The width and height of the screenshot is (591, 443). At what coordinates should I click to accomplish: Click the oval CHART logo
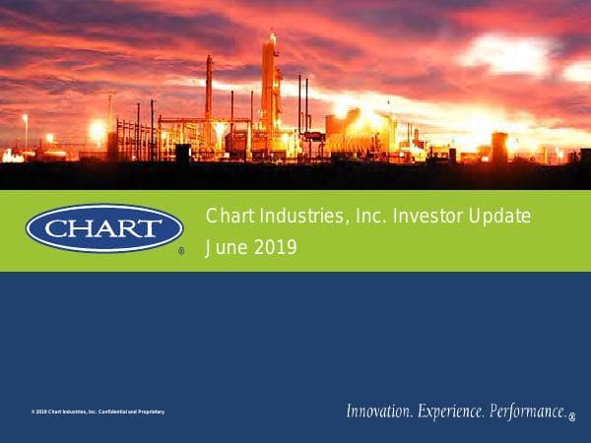(x=103, y=228)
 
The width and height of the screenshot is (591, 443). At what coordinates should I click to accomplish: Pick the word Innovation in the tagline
(x=380, y=411)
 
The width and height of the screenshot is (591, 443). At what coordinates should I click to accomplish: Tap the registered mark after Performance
(x=572, y=416)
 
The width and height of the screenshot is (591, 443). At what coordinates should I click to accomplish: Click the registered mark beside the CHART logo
(x=181, y=252)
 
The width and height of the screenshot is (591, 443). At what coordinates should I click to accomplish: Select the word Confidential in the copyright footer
(x=112, y=411)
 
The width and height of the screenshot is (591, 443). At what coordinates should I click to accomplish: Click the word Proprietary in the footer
(x=149, y=411)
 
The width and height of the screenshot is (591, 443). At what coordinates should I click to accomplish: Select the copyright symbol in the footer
(x=33, y=411)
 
